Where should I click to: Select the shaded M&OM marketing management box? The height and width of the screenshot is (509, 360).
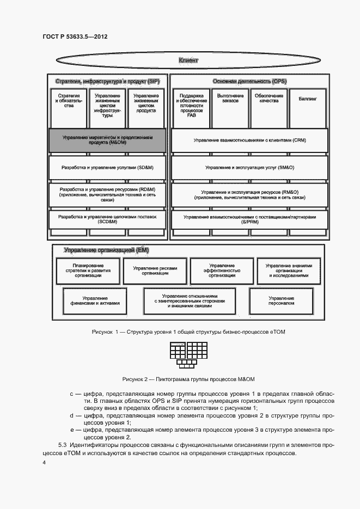[x=107, y=140]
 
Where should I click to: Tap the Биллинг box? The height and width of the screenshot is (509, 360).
[x=308, y=108]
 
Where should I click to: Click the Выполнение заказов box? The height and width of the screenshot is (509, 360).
[x=227, y=108]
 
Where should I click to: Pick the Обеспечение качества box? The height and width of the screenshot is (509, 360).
[x=268, y=108]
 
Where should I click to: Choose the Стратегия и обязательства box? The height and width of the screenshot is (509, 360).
[x=68, y=108]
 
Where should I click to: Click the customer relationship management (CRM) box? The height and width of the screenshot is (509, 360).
[x=249, y=140]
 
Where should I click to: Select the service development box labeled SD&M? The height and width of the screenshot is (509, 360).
[x=107, y=168]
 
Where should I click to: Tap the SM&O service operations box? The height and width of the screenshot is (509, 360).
[x=249, y=168]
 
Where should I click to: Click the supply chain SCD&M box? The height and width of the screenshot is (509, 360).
[x=107, y=219]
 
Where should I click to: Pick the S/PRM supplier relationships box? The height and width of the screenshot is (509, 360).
[x=249, y=219]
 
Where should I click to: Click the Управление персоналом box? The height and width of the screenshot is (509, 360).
[x=282, y=301]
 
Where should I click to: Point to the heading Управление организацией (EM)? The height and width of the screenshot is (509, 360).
[x=106, y=250]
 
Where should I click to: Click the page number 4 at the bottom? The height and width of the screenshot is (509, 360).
[x=44, y=462]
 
